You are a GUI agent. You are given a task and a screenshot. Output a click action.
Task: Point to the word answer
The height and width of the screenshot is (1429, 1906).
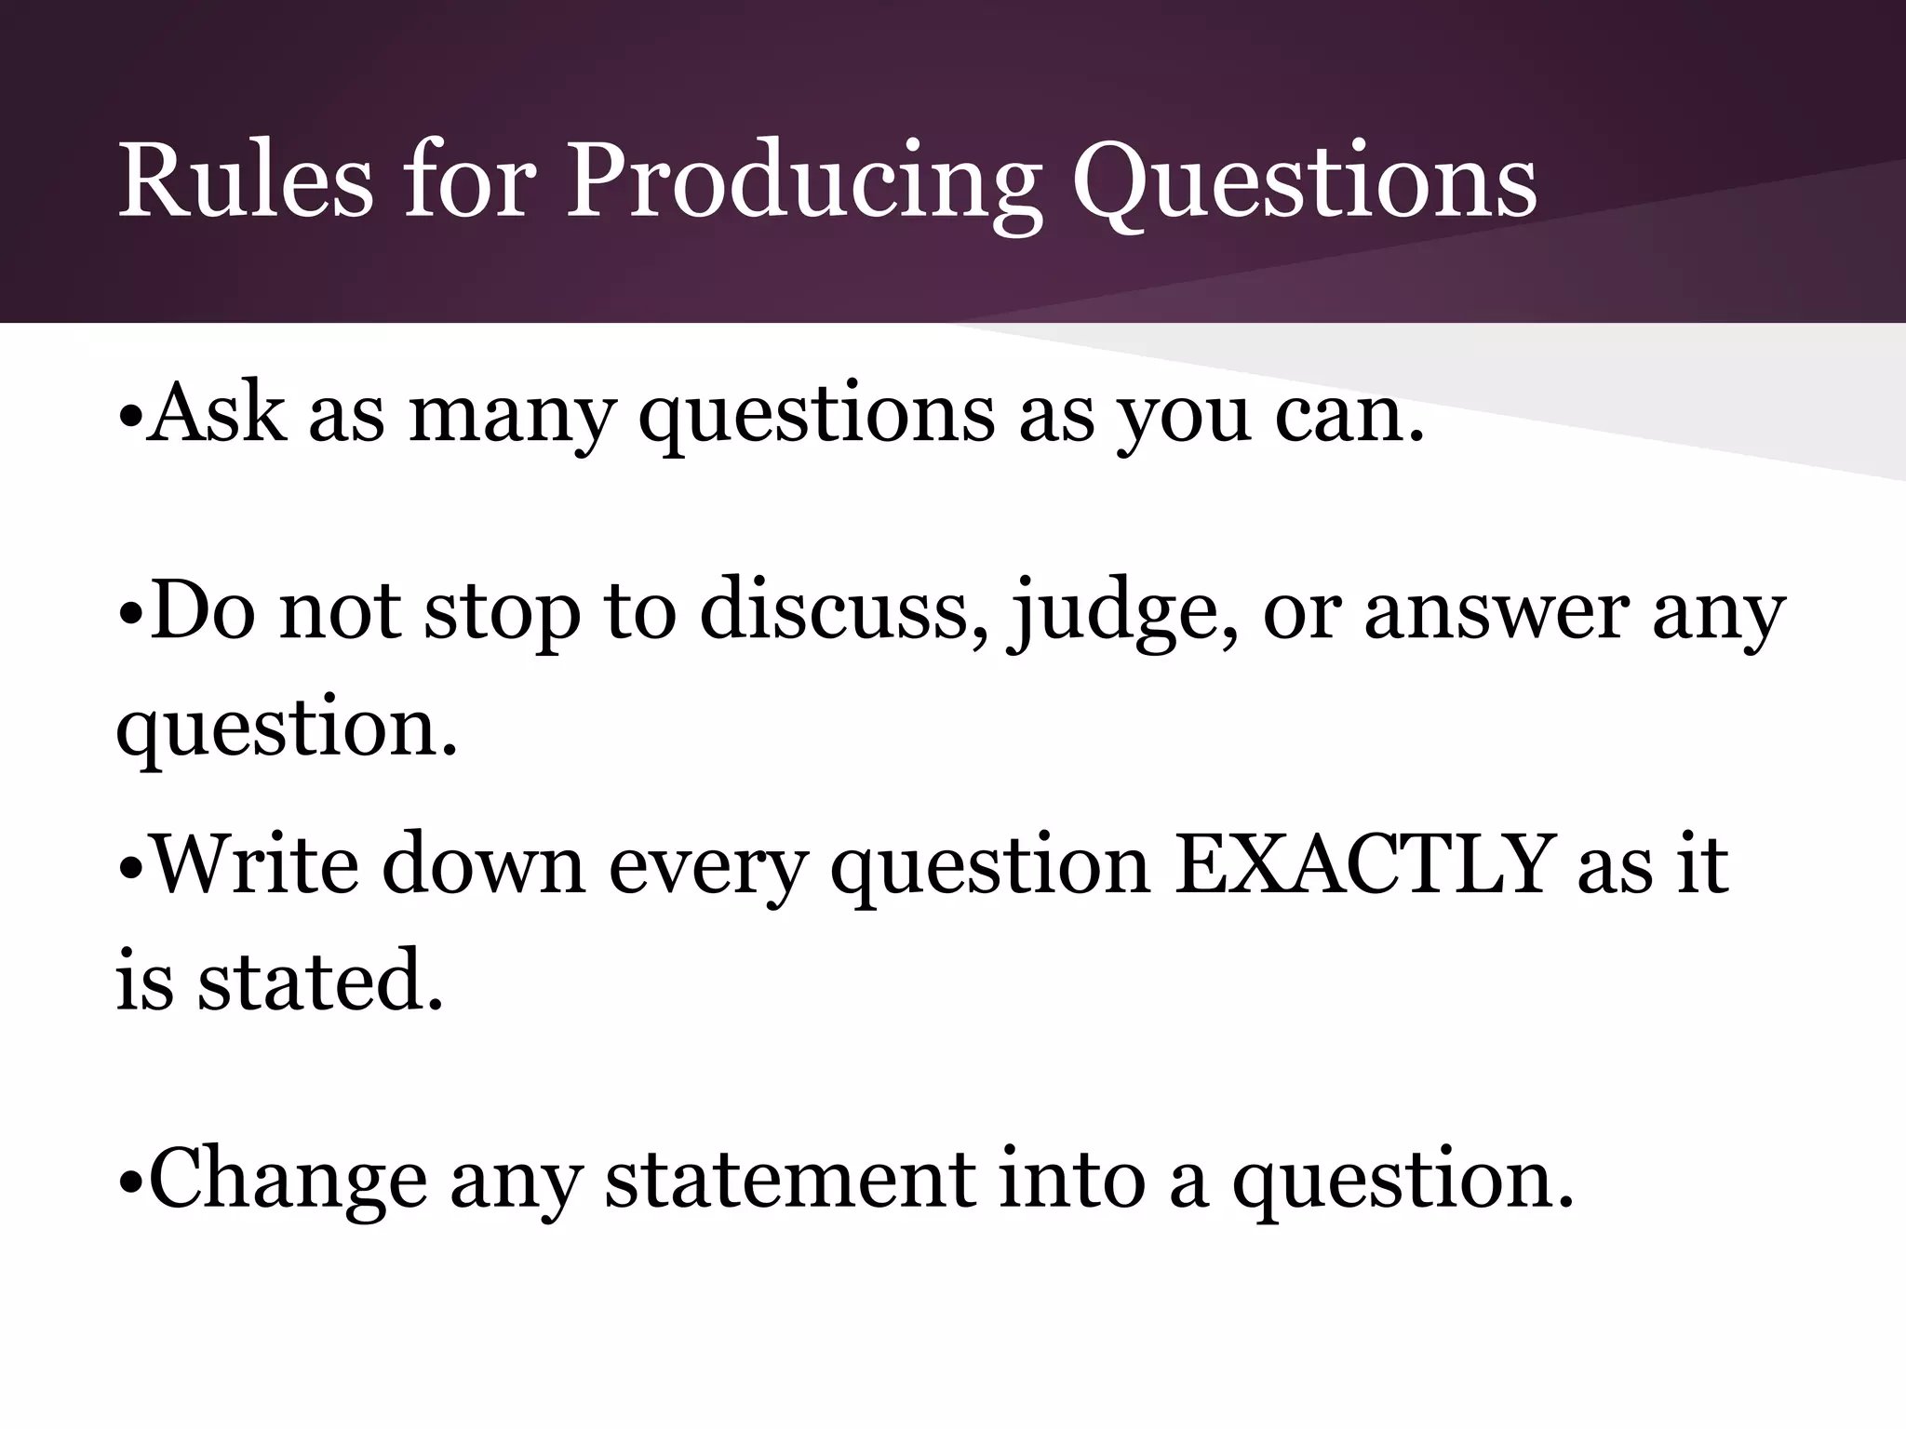[x=1496, y=614]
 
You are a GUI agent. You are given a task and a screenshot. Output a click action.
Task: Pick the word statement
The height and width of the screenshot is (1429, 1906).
[x=790, y=1180]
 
